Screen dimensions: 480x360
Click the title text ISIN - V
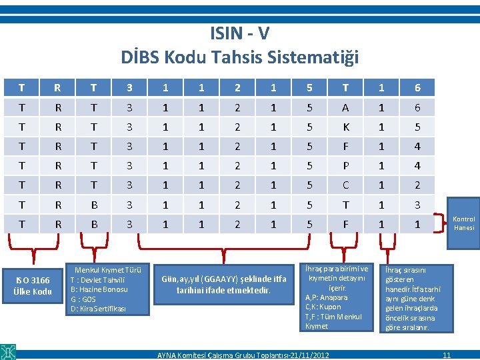[x=239, y=33]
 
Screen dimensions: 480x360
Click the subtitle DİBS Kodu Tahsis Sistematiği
[x=239, y=58]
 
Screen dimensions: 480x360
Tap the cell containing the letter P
[x=345, y=165]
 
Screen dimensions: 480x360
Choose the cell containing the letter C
[x=345, y=185]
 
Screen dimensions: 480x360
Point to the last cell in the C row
[x=417, y=185]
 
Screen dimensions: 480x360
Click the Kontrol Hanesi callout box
[x=464, y=223]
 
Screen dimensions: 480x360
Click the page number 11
[x=447, y=354]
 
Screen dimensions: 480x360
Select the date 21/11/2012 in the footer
[x=305, y=354]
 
